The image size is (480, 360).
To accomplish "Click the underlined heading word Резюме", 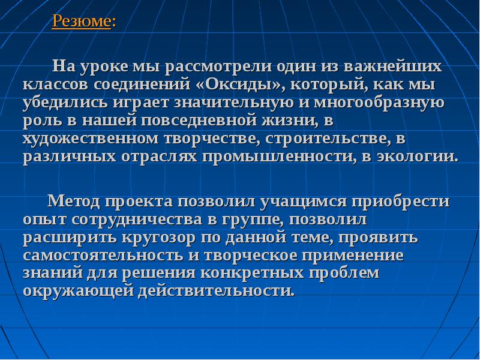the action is click(x=81, y=22).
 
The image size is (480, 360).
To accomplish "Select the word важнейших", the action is click(x=393, y=67).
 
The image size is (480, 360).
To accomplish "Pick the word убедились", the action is click(x=65, y=103).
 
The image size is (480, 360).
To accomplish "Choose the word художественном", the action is click(x=91, y=139).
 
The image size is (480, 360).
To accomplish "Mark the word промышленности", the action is click(x=279, y=157).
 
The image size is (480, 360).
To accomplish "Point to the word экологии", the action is click(x=417, y=157).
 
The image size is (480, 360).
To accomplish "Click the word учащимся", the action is click(x=304, y=202).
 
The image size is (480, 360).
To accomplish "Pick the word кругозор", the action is click(x=158, y=238).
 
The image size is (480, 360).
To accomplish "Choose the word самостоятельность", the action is click(x=103, y=256).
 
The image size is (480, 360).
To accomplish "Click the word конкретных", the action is click(x=252, y=273).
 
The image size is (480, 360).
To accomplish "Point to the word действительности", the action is click(x=216, y=291).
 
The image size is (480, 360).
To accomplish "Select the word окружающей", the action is click(x=79, y=291).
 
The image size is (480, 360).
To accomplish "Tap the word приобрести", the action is click(x=400, y=202).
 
